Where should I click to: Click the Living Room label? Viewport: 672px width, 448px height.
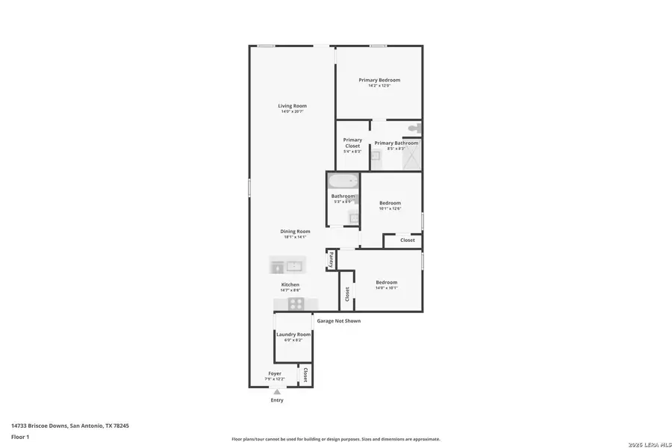point(293,106)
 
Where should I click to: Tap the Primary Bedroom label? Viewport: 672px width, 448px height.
point(379,80)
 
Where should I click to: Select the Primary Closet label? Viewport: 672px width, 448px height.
point(352,143)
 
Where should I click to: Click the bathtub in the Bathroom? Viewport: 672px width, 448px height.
point(343,182)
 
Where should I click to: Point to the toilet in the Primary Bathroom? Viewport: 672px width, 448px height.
point(414,129)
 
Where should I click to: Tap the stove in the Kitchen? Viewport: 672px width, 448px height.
point(296,303)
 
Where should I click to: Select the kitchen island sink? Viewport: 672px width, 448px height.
point(295,265)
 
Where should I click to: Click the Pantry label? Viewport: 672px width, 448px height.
point(331,259)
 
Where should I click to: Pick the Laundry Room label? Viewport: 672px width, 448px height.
point(293,335)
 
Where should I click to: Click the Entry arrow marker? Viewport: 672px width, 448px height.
point(277,391)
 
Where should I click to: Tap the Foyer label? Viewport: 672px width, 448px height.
point(275,373)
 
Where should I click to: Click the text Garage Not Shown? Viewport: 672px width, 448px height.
point(339,321)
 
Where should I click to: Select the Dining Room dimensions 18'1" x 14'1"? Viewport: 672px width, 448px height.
point(296,237)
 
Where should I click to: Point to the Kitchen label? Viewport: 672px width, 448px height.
point(290,284)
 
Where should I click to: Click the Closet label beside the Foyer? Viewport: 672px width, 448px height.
point(305,374)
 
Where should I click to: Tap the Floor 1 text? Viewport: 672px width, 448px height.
point(20,437)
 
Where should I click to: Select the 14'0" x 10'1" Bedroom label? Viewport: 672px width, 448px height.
point(386,282)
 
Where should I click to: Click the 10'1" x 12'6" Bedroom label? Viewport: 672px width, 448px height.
point(390,203)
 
